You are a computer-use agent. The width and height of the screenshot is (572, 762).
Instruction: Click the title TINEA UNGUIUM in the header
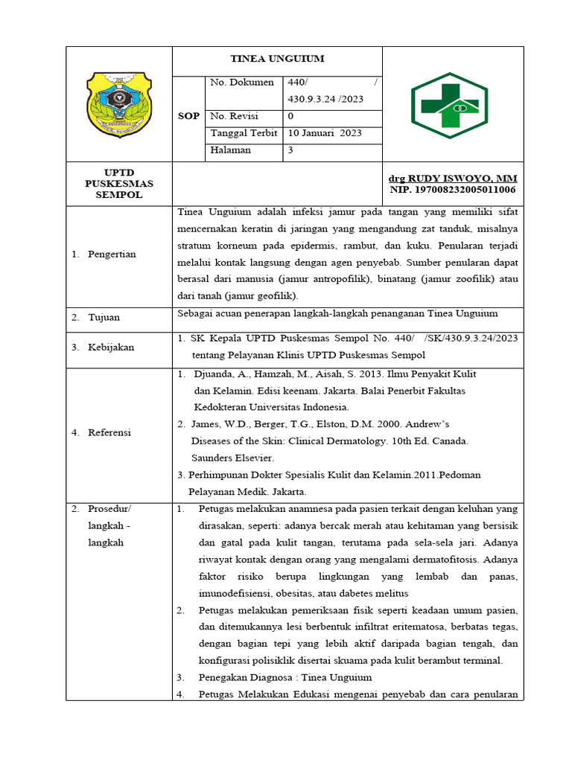[276, 60]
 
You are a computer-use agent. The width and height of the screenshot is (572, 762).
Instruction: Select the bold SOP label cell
[188, 117]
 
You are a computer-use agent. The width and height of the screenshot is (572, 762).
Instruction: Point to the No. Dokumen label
[242, 83]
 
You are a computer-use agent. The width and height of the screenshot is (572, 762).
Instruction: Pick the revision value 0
[290, 116]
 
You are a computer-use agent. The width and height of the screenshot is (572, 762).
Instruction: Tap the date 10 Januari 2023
[325, 133]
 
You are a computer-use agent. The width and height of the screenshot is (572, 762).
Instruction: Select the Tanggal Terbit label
[244, 133]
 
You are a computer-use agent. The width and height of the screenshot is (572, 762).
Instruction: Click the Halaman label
[231, 150]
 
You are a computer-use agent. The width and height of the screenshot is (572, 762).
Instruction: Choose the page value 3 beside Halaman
[290, 150]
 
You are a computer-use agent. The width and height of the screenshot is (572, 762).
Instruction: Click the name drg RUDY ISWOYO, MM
[453, 179]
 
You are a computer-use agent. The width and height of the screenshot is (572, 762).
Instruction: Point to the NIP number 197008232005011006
[453, 190]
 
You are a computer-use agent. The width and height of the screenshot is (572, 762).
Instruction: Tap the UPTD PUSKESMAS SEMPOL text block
[118, 184]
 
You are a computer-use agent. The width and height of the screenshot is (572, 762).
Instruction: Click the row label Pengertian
[112, 254]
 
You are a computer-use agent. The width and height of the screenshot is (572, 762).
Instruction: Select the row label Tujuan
[104, 318]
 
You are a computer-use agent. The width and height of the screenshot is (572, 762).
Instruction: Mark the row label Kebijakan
[111, 348]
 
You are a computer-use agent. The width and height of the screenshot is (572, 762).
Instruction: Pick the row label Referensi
[109, 432]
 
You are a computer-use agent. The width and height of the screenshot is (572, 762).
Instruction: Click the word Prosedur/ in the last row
[109, 510]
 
